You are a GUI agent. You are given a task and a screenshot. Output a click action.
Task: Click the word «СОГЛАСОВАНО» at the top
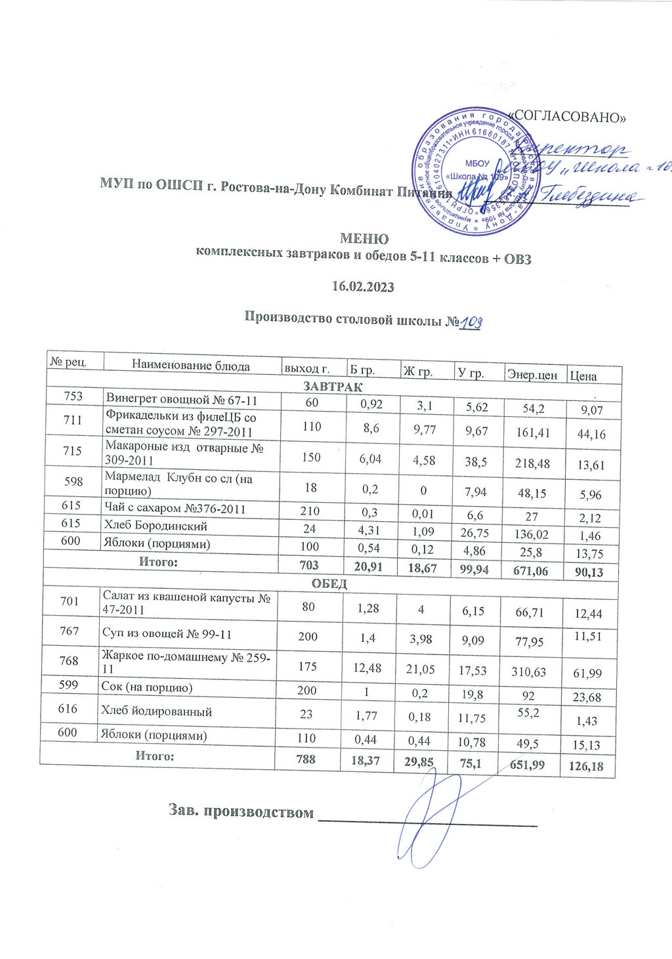point(568,117)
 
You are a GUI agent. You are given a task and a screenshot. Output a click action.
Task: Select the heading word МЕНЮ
point(364,239)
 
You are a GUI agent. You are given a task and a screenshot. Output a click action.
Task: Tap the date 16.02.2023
point(364,287)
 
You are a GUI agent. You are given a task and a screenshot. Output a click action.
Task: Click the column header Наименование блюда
point(190,366)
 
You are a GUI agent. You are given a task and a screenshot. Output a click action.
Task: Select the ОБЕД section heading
point(329,584)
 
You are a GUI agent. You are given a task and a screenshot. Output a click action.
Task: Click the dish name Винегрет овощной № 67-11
point(182,399)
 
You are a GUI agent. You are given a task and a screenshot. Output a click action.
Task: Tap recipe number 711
point(73,421)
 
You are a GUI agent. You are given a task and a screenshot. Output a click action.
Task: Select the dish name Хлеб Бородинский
point(157,526)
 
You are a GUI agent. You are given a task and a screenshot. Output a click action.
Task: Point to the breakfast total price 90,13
point(589,572)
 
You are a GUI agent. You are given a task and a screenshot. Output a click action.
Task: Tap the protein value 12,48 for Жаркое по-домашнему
point(369,666)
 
